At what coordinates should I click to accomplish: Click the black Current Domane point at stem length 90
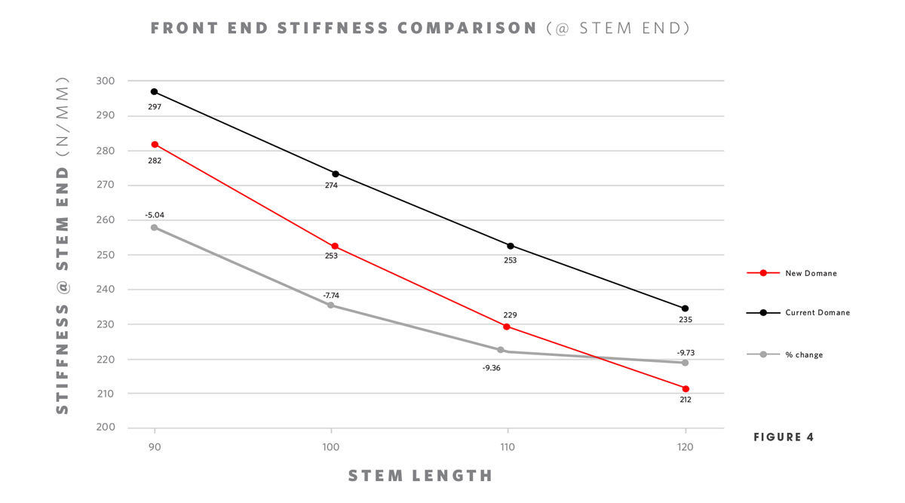click(x=154, y=92)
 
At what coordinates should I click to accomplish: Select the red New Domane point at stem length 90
click(x=155, y=144)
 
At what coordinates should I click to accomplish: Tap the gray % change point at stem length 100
click(x=331, y=305)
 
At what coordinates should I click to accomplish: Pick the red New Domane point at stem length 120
click(x=686, y=388)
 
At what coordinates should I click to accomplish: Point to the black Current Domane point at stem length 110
click(x=511, y=246)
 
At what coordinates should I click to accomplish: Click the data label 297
click(x=155, y=107)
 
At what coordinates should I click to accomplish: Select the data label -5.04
click(x=155, y=215)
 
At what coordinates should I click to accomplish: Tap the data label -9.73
click(x=686, y=352)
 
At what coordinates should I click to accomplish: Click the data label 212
click(x=686, y=400)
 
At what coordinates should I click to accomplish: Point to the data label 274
click(x=331, y=186)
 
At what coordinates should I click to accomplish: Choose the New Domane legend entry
click(x=811, y=273)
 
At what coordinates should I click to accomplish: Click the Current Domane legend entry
click(x=817, y=312)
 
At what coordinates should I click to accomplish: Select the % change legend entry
click(x=803, y=354)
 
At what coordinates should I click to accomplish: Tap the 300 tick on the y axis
click(x=105, y=81)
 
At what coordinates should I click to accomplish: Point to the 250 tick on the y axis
click(x=105, y=255)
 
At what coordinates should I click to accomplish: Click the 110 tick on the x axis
click(x=508, y=447)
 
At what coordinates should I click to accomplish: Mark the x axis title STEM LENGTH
click(x=420, y=476)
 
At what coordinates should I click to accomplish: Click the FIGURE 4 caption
click(x=784, y=437)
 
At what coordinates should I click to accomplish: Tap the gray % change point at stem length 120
click(x=686, y=363)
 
